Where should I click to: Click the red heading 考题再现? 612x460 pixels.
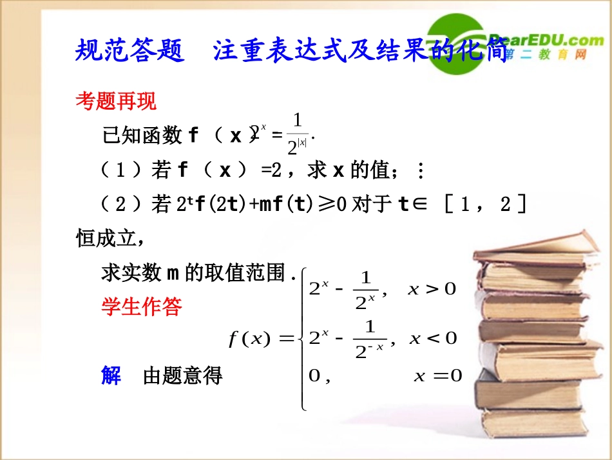tap(116, 101)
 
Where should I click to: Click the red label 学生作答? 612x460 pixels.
tap(142, 306)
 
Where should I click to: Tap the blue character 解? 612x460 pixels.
tap(111, 375)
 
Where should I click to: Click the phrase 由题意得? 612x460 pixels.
tap(183, 375)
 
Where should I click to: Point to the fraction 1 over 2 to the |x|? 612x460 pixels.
tap(297, 134)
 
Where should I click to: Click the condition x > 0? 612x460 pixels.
tap(432, 289)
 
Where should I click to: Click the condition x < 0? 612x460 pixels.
tap(433, 337)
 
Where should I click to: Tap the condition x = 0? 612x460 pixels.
tap(438, 376)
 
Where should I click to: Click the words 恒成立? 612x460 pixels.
tap(106, 238)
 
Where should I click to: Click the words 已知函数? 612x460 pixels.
tap(142, 135)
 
